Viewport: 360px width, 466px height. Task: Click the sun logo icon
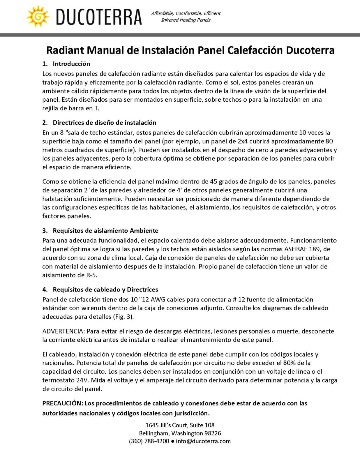coord(38,17)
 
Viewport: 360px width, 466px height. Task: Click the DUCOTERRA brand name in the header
coord(99,17)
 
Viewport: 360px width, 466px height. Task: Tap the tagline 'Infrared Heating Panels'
coord(186,20)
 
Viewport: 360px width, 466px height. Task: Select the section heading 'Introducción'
coord(71,64)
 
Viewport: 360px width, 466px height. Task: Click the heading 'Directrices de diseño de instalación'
coord(105,123)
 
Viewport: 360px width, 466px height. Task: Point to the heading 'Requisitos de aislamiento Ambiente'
coord(105,231)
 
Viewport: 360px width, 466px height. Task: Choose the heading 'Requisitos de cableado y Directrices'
coord(105,290)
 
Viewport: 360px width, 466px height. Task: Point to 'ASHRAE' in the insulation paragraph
coord(297,249)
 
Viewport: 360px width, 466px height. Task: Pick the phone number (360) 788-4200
coord(149,441)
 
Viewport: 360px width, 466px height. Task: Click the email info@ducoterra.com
coord(203,441)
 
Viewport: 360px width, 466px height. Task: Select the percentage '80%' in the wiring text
coord(297,363)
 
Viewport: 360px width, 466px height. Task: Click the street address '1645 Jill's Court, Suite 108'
coord(180,425)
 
